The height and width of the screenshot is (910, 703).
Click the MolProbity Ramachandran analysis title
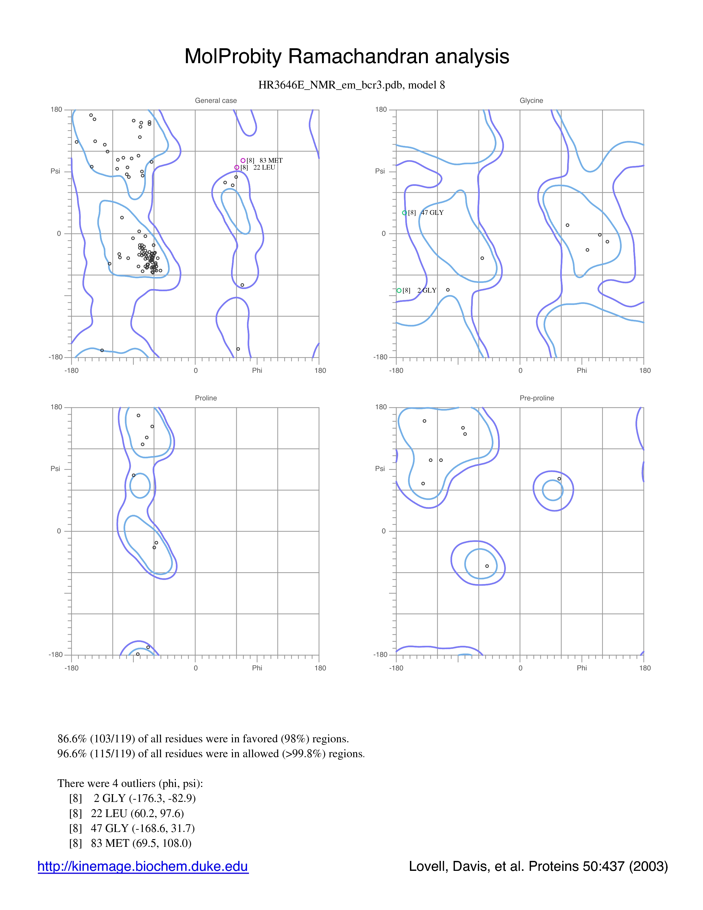click(347, 56)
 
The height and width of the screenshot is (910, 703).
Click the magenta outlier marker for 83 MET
click(243, 160)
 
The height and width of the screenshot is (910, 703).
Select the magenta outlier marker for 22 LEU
click(237, 167)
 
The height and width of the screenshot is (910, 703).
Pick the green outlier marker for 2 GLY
click(399, 290)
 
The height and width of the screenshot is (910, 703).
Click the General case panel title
click(216, 100)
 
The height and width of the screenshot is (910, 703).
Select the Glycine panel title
click(532, 100)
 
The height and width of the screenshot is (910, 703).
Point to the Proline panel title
click(206, 398)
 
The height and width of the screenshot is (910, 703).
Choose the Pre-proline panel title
click(537, 398)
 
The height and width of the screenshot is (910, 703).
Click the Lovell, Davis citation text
click(538, 866)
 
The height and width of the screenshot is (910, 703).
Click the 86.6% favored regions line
click(203, 739)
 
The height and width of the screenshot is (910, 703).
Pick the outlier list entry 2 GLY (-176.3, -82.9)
click(132, 798)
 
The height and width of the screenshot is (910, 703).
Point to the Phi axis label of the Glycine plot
click(582, 370)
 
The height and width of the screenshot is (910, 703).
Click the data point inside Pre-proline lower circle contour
click(487, 566)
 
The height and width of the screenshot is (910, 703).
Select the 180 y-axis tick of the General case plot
click(56, 109)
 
